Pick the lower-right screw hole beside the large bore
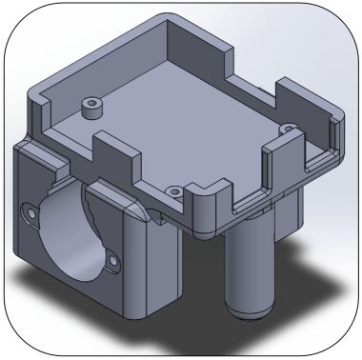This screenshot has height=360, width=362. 113,255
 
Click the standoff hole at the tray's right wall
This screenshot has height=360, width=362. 286,127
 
